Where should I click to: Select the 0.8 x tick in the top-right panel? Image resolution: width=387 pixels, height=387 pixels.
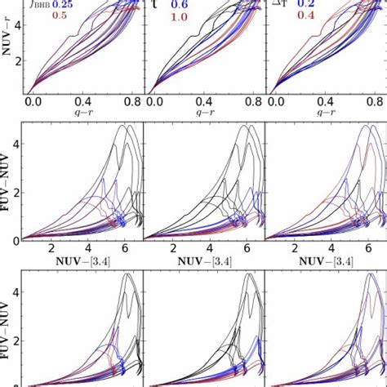coord(376,103)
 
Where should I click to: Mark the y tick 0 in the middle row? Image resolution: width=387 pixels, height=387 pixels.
coord(15,239)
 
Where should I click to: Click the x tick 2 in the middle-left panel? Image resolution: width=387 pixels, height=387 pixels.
coord(51,248)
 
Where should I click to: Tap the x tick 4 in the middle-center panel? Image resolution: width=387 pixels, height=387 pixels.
coord(210,248)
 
